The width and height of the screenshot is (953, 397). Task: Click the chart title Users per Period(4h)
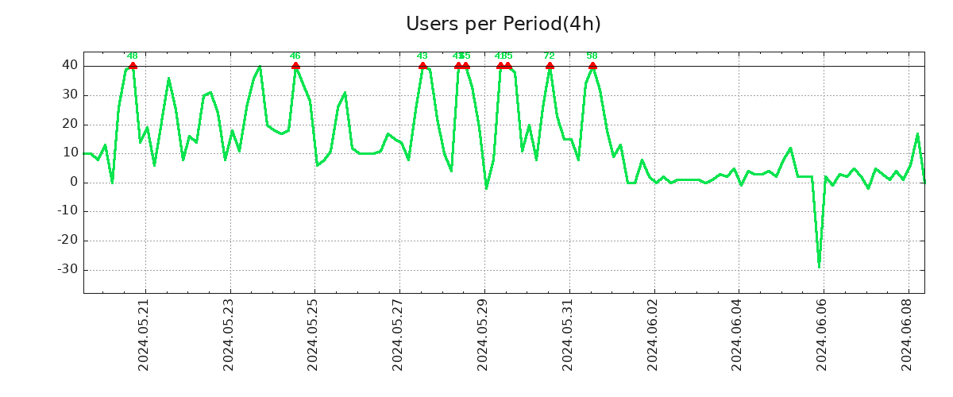[x=503, y=24]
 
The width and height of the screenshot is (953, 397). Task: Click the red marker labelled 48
[x=133, y=66]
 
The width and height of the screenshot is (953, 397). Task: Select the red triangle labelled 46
[x=295, y=66]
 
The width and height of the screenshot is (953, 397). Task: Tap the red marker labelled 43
[x=422, y=66]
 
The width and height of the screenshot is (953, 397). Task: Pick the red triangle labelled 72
[x=550, y=66]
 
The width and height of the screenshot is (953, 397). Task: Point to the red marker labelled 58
[x=592, y=66]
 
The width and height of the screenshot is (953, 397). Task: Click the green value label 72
[x=549, y=56]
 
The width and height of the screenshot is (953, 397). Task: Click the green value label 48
[x=133, y=56]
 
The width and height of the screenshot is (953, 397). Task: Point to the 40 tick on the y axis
[x=69, y=65]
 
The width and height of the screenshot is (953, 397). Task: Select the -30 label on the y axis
[x=67, y=269]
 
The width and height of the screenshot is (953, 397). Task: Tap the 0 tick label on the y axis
[x=73, y=182]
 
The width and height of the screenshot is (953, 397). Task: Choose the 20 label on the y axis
[x=69, y=124]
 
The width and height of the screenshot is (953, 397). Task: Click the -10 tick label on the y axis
[x=67, y=211]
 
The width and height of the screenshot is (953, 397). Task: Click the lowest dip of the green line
[x=819, y=267]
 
